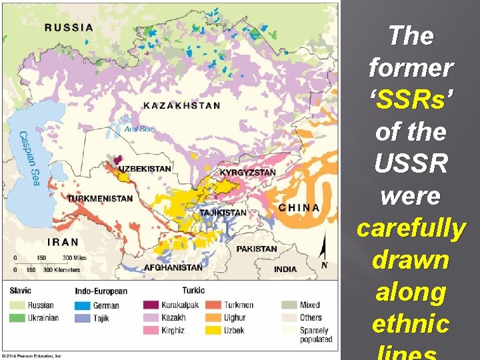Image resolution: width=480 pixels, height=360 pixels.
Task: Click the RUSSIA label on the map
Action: click(69, 27)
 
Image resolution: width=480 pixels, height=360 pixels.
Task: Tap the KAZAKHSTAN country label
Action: click(181, 105)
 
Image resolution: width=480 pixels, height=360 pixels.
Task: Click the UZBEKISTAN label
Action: click(145, 169)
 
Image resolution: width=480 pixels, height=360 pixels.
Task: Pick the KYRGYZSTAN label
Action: click(247, 173)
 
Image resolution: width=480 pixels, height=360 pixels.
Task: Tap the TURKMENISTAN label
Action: click(99, 199)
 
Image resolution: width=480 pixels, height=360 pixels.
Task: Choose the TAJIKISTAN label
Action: click(223, 213)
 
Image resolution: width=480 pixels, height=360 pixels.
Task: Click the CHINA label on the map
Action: click(299, 207)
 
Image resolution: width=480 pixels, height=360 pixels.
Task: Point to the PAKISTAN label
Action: click(257, 249)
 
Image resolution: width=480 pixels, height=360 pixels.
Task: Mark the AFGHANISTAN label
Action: click(173, 267)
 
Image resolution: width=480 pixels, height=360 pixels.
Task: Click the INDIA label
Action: click(285, 269)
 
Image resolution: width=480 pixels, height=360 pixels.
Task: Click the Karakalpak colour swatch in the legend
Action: click(151, 305)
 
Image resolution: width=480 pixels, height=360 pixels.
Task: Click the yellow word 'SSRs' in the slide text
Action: click(411, 99)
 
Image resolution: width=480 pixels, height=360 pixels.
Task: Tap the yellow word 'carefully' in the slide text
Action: click(411, 228)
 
